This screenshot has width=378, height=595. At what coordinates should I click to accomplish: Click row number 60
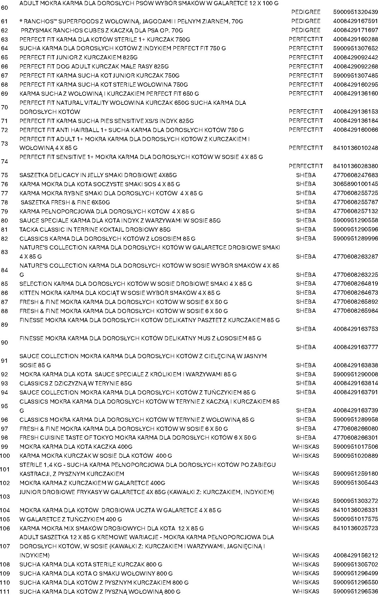click(5, 7)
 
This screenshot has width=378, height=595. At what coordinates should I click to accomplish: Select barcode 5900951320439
click(355, 12)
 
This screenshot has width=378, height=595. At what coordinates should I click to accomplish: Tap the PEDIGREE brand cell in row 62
click(306, 30)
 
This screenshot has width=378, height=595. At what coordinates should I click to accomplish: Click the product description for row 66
click(94, 67)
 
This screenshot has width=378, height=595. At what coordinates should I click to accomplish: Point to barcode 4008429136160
click(355, 93)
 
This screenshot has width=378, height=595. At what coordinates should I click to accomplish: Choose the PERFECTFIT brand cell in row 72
click(306, 130)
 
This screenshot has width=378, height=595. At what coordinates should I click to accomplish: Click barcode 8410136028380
click(355, 166)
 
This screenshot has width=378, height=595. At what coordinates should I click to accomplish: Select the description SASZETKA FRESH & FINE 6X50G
click(65, 202)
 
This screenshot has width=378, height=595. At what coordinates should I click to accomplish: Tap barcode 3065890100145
click(355, 184)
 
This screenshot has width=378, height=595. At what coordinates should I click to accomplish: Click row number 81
click(5, 229)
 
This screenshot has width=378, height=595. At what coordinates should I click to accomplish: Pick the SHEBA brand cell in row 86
click(306, 293)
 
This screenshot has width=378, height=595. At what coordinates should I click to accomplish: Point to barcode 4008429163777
click(355, 347)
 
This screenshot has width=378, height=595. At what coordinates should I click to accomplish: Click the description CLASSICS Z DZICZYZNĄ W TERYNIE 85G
click(76, 383)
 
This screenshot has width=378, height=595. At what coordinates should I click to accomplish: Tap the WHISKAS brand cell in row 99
click(306, 447)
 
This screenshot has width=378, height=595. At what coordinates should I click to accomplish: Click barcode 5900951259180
click(355, 474)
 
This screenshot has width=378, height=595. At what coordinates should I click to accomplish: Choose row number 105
click(5, 519)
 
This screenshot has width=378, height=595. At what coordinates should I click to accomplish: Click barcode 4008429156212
click(355, 555)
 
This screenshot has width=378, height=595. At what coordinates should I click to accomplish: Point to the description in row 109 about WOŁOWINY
click(96, 573)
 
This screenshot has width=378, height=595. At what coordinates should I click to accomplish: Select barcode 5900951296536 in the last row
click(355, 591)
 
